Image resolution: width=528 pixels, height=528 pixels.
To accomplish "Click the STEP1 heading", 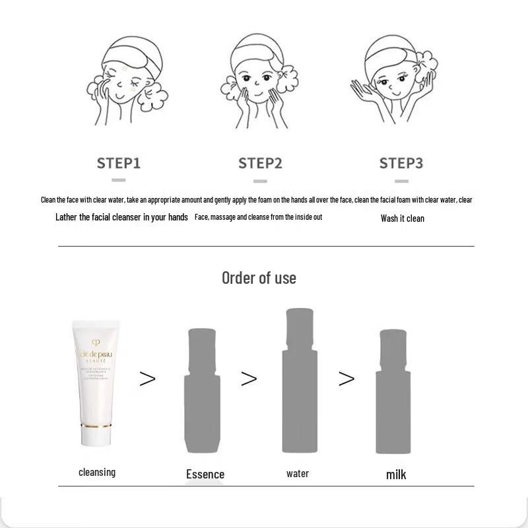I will point(119,163).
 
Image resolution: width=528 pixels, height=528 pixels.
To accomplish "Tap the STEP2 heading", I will point(260,163).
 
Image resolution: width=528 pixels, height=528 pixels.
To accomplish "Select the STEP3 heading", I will point(401,163).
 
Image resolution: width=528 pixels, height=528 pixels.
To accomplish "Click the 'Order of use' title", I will point(259,278).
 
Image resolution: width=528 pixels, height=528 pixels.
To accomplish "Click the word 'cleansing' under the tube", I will point(97,472).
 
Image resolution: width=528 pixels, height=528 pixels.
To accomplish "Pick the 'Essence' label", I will point(205,474).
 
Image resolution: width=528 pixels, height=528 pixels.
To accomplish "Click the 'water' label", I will point(298,473).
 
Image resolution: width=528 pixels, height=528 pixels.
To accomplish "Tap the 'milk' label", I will point(396,475).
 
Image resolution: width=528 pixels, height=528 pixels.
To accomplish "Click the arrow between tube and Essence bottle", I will point(147,378).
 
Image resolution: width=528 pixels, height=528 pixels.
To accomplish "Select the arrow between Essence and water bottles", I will point(249,378).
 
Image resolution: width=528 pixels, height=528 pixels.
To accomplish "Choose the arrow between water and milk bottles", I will point(346,378).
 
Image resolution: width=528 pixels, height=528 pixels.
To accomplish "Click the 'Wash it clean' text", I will point(403,218).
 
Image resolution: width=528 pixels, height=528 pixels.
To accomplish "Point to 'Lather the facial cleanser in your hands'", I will point(121,217).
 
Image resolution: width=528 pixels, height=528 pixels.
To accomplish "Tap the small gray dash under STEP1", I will point(119,180).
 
